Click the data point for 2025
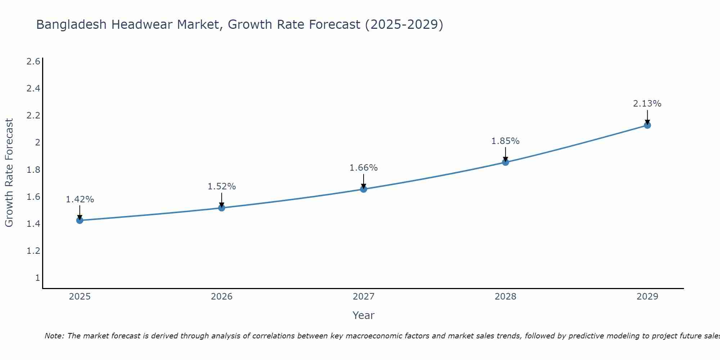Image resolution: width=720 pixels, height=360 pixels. [80, 220]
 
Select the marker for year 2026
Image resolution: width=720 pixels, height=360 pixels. [221, 208]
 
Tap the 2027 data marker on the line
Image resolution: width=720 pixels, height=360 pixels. [364, 189]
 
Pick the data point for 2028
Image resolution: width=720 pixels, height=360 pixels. [505, 162]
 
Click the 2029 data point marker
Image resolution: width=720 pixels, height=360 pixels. [647, 125]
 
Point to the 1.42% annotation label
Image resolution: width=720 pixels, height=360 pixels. [80, 199]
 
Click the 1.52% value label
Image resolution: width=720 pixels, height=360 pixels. [221, 186]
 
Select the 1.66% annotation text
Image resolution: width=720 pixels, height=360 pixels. [364, 168]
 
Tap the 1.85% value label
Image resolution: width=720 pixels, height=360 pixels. [505, 141]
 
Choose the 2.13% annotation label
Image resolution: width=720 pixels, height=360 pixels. [647, 104]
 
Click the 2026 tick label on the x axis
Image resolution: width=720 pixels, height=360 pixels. [221, 297]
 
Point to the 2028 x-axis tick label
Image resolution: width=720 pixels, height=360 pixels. [505, 297]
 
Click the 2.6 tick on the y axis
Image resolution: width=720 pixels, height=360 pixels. [33, 62]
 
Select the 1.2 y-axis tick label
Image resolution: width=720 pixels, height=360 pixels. [33, 251]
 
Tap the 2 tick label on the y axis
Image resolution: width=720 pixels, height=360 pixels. [37, 143]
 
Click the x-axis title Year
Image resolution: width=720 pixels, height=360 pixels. [364, 315]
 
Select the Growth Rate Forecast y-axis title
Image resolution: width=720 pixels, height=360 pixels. [9, 173]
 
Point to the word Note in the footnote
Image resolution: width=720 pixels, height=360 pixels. [54, 336]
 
